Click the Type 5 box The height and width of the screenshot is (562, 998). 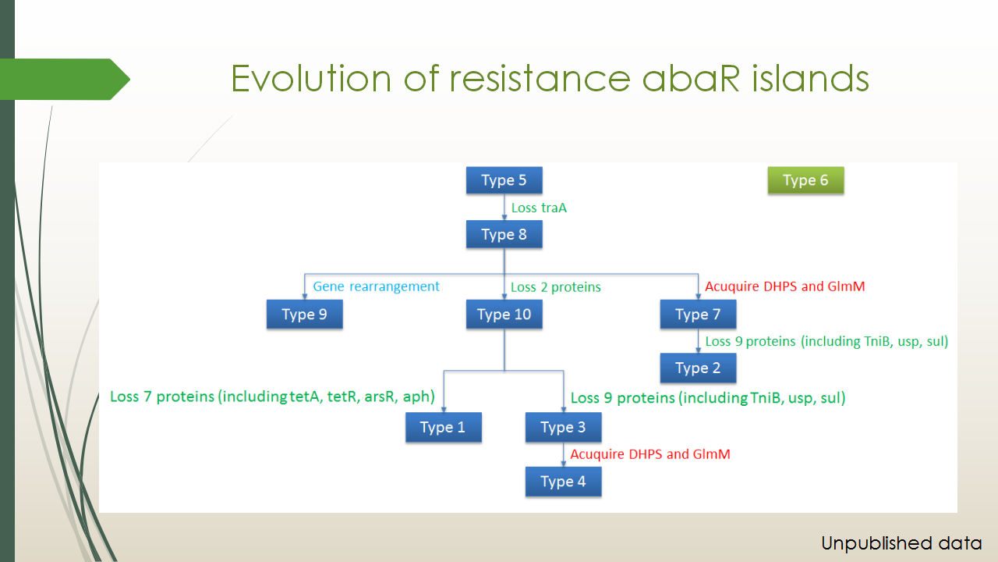coord(504,180)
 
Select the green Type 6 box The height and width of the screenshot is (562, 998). coord(805,180)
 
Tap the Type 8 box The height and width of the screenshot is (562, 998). coord(504,234)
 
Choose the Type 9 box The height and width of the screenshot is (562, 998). coord(304,314)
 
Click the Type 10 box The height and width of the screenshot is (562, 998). coord(504,314)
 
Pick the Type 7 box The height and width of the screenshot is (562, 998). coord(698,314)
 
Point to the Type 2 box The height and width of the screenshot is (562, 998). coord(698,368)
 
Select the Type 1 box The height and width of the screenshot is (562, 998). coord(444,427)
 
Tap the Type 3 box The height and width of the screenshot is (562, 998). coord(563,427)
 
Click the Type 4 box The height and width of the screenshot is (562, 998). coord(563,482)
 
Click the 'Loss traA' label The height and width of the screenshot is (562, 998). coord(539,208)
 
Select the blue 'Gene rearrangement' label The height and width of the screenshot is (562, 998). coord(376,286)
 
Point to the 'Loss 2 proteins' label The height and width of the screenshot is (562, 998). coord(556,287)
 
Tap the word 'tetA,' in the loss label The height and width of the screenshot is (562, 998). coord(306,397)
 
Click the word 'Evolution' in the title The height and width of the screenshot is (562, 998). coord(311,79)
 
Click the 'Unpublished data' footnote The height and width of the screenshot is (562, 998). coord(901,543)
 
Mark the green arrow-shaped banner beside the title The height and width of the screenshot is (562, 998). coord(65,80)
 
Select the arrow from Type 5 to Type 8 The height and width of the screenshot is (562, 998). coord(504,207)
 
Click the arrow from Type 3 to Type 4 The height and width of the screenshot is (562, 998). coord(564,454)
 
